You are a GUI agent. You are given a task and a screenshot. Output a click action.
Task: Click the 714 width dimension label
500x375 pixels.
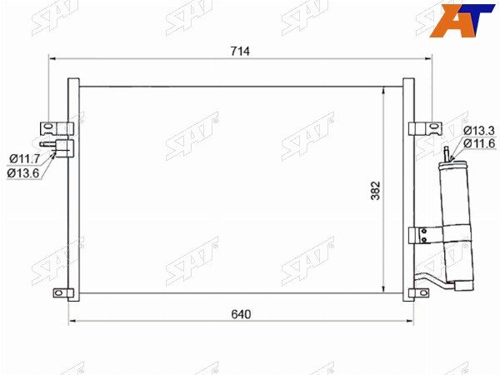[241, 51]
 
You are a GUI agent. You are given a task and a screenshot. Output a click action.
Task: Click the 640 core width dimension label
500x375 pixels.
[241, 314]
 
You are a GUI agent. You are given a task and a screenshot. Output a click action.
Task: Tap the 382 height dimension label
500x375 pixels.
[376, 191]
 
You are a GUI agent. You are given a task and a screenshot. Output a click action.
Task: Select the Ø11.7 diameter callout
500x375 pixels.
[24, 158]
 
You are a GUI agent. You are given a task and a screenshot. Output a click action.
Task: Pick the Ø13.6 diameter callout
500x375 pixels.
[23, 172]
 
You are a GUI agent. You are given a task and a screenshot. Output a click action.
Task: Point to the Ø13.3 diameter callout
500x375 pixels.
[479, 130]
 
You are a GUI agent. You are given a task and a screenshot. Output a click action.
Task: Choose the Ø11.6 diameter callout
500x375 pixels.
[479, 143]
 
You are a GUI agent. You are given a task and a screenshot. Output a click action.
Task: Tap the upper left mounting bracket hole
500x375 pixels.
[48, 127]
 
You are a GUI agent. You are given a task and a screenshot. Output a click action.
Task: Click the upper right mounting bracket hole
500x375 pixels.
[433, 127]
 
